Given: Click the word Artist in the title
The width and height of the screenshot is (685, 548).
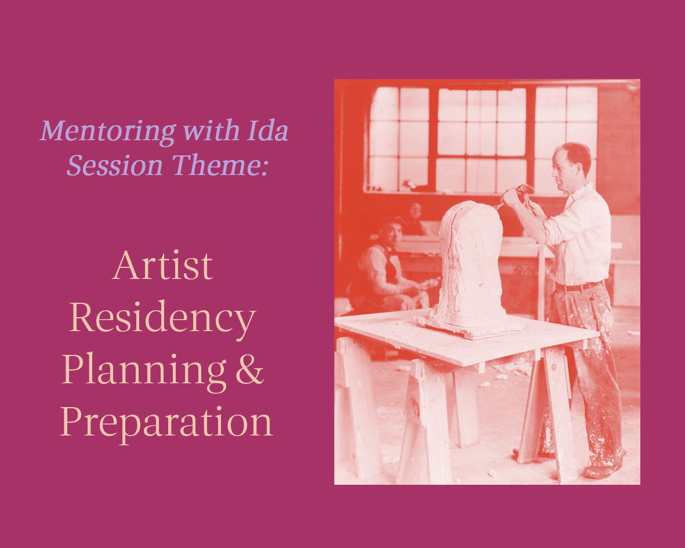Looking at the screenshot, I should (x=163, y=266).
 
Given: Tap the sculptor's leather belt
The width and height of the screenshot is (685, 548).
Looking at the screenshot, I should (x=577, y=286).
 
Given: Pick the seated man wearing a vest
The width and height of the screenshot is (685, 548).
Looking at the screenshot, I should (x=385, y=267).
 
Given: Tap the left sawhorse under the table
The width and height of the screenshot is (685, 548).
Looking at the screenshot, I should (x=358, y=406).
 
